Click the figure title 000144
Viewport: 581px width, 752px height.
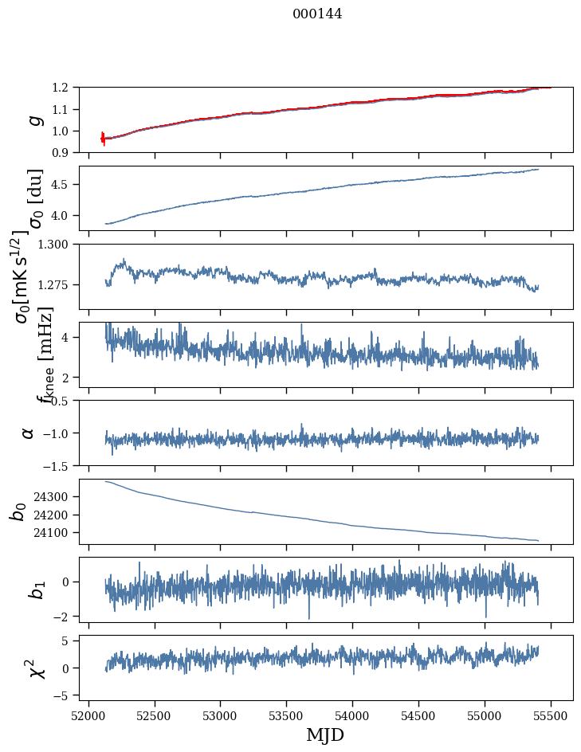317,14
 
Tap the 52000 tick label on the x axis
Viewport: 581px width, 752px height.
88,714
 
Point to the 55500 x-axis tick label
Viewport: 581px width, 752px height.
551,714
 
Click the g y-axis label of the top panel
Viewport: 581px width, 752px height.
33,119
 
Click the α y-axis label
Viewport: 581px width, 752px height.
28,433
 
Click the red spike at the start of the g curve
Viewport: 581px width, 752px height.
103,139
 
